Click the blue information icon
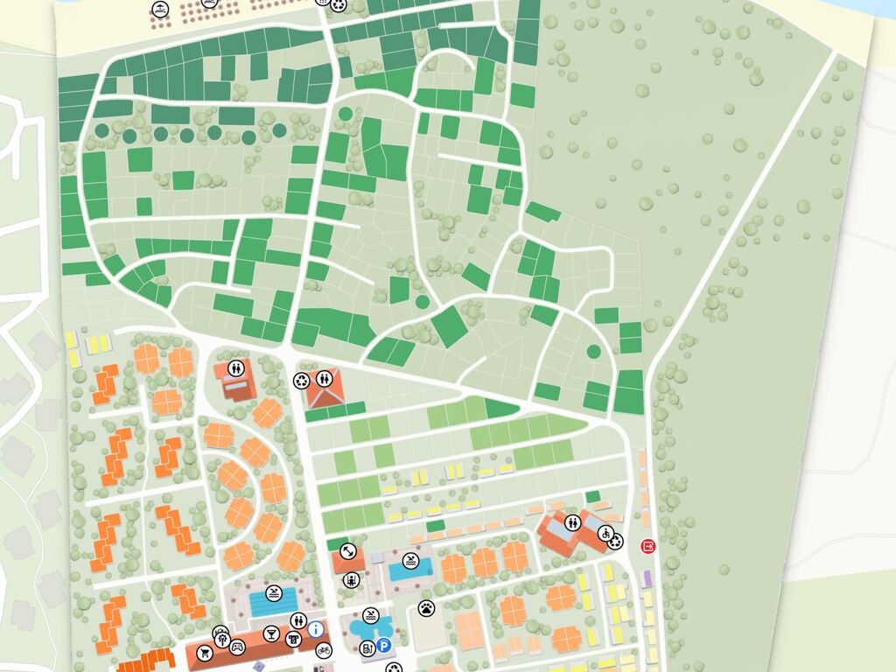tap(316, 628)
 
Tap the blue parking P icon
tap(384, 647)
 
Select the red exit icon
tap(647, 546)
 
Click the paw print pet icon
tap(426, 606)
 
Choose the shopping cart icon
tap(206, 652)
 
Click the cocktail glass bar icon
tap(270, 633)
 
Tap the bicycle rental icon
tap(324, 649)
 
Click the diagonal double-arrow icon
tap(348, 552)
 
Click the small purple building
tap(647, 578)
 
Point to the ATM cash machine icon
tap(293, 638)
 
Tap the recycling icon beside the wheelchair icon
tap(615, 542)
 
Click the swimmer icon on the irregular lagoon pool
tap(371, 615)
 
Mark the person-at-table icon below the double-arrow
tap(351, 579)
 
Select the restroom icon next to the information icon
tap(298, 620)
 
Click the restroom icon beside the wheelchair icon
tap(572, 522)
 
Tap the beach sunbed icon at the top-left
tap(161, 10)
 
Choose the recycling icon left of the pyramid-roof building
tap(301, 381)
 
